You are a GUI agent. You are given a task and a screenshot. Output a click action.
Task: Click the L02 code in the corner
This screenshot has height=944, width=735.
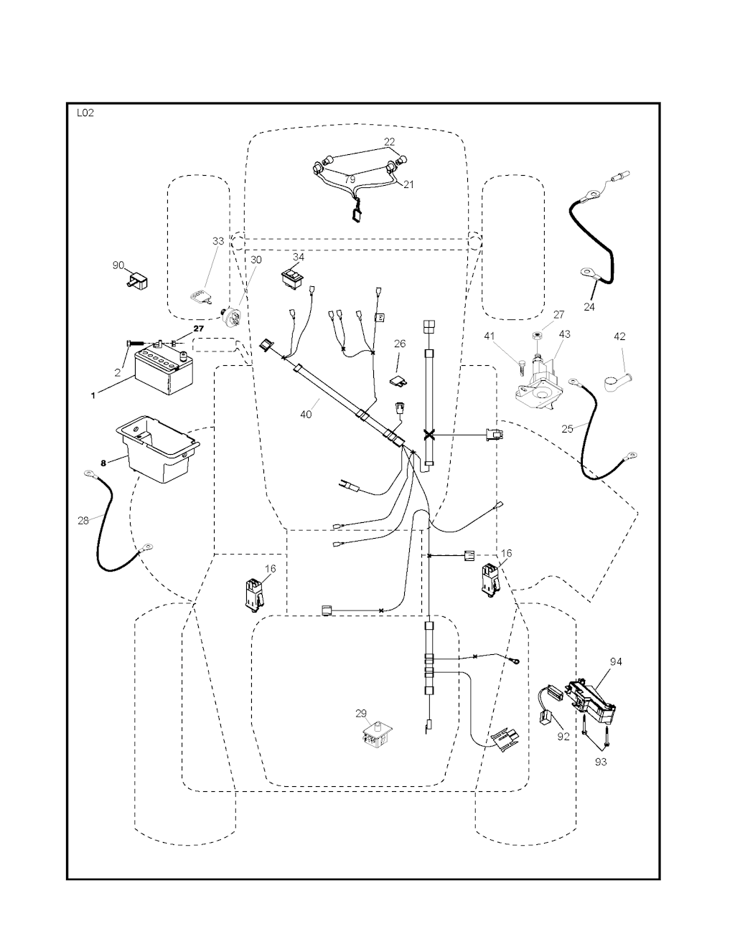[x=84, y=113]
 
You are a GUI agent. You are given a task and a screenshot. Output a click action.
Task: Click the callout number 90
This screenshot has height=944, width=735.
[x=118, y=265]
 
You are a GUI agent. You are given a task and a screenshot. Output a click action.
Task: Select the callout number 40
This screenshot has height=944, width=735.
[x=306, y=414]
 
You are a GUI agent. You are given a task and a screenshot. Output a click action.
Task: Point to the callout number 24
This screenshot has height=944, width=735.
[x=589, y=306]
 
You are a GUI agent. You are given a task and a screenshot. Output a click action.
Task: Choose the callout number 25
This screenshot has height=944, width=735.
[x=567, y=428]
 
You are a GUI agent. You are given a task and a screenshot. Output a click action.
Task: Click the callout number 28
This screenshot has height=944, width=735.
[x=83, y=521]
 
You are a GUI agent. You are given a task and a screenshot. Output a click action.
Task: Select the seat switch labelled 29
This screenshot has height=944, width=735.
[x=377, y=737]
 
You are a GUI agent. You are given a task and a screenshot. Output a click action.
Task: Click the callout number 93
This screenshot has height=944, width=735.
[x=601, y=762]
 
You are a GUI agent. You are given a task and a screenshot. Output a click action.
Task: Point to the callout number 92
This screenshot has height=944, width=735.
[x=563, y=736]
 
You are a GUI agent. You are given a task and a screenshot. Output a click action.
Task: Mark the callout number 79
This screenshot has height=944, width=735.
[x=350, y=179]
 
